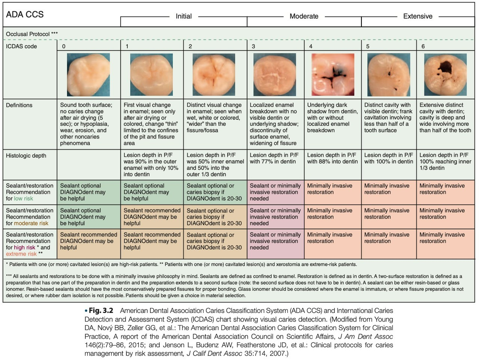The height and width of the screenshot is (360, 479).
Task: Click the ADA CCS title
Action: [x=25, y=14]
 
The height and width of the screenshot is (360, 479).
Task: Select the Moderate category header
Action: [x=304, y=16]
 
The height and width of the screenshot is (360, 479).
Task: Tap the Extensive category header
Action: [x=418, y=16]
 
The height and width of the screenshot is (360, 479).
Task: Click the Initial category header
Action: [x=184, y=16]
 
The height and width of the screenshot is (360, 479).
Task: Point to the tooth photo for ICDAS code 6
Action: [x=445, y=74]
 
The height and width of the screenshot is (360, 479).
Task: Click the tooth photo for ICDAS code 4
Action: [x=333, y=74]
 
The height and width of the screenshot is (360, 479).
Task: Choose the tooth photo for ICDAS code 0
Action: [x=88, y=74]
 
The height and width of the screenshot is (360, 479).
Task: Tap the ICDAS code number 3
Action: [x=253, y=46]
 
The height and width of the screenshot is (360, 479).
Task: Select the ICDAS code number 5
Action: [x=368, y=46]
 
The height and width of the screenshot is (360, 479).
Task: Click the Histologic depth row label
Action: [x=26, y=156]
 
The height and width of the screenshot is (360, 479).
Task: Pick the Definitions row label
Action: [x=19, y=105]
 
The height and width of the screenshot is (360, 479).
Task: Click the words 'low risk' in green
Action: [x=23, y=199]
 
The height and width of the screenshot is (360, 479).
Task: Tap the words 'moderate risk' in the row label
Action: [x=31, y=223]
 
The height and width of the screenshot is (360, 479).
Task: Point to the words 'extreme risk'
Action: [x=21, y=254]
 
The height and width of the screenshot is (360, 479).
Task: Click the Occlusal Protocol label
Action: [x=32, y=34]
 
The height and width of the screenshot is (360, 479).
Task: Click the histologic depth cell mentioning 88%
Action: [x=332, y=158]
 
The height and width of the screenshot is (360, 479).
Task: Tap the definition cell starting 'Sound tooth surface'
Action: [x=86, y=124]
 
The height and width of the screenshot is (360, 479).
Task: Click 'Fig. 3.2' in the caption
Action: [x=101, y=311]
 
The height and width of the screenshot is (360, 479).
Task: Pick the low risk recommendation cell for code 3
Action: [x=275, y=192]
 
